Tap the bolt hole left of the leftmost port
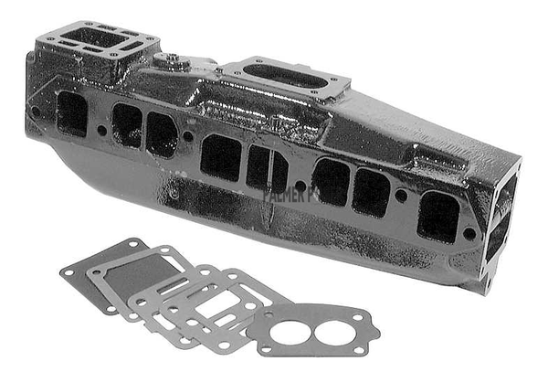click(37, 112)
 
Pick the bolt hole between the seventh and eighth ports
click(400, 195)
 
